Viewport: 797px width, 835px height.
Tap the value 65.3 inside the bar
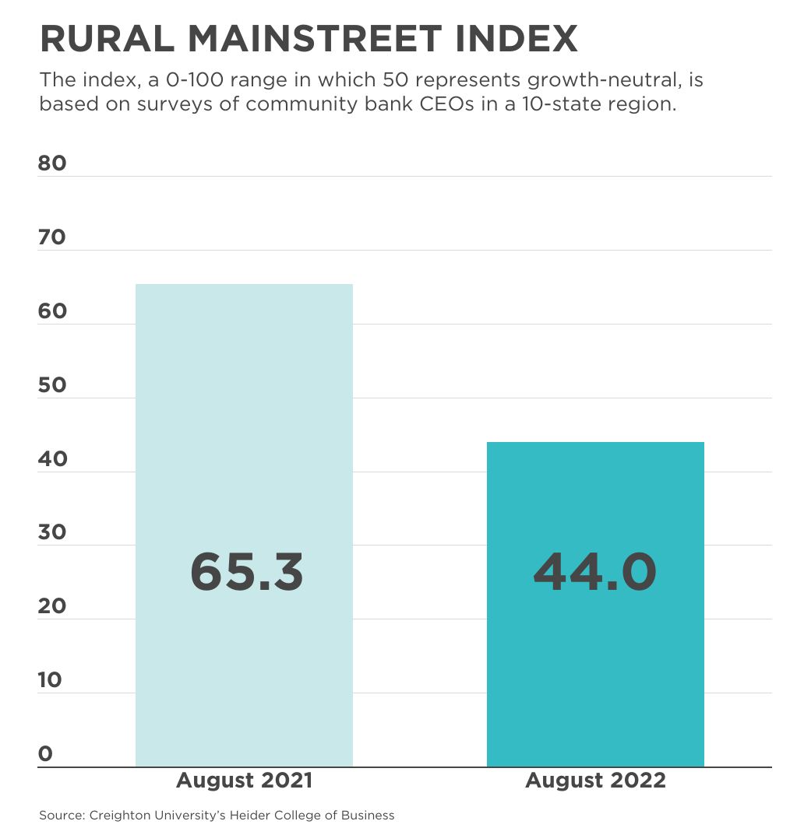coord(246,572)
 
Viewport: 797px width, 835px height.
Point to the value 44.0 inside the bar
coord(595,572)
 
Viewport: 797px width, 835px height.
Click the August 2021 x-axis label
coord(244,781)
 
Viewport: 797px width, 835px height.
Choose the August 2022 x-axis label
coord(595,781)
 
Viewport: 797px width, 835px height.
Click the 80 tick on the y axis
coord(52,163)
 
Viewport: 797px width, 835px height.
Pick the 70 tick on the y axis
coord(52,237)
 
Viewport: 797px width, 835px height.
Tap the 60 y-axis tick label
coord(52,311)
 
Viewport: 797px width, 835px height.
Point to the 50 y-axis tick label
coord(52,385)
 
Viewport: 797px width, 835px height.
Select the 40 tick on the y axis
coord(52,459)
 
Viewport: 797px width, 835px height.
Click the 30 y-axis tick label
coord(52,532)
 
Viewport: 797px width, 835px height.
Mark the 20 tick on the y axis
coord(52,606)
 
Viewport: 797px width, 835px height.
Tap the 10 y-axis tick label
coord(50,680)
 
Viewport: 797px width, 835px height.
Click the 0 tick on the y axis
coord(45,753)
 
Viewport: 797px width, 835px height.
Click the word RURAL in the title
coord(103,39)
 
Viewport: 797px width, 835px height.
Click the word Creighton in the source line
coord(118,816)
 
